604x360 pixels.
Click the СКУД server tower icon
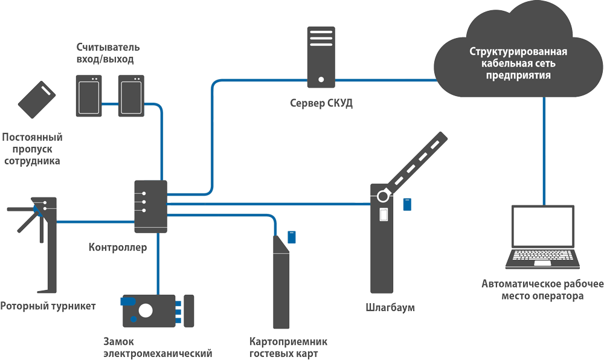coord(320,56)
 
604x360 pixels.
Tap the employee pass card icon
coord(36,100)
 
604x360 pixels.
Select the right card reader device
coord(131,95)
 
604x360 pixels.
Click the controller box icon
coord(150,206)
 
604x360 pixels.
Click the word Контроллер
coord(118,247)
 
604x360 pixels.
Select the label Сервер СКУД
coord(321,103)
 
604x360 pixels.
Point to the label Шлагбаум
coord(391,308)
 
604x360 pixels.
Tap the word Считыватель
coord(109,47)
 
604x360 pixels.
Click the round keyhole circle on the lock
coord(146,310)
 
